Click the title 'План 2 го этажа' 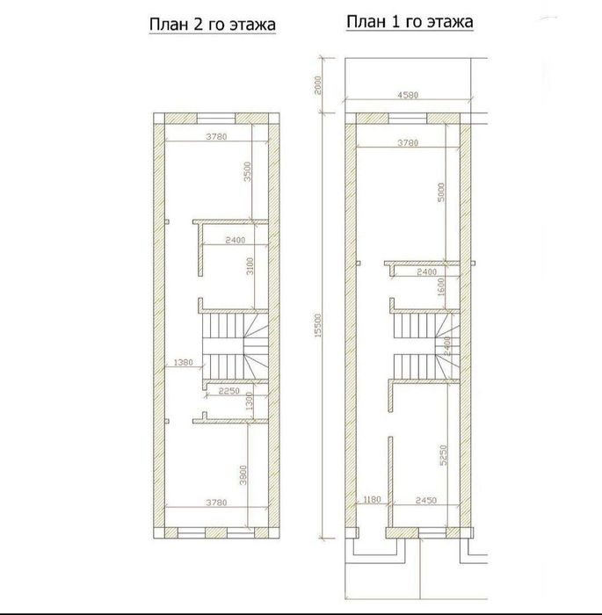pyautogui.click(x=213, y=25)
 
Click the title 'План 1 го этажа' pyautogui.click(x=410, y=22)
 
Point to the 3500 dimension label pyautogui.click(x=247, y=171)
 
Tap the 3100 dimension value pyautogui.click(x=250, y=266)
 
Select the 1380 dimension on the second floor pyautogui.click(x=183, y=362)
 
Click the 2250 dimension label pyautogui.click(x=229, y=391)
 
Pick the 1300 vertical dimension pyautogui.click(x=250, y=402)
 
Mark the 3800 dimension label pyautogui.click(x=243, y=475)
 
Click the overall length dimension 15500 pyautogui.click(x=318, y=325)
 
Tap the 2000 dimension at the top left pyautogui.click(x=318, y=84)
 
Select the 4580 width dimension pyautogui.click(x=408, y=95)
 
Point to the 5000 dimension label pyautogui.click(x=441, y=192)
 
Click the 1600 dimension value pyautogui.click(x=440, y=286)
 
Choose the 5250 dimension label pyautogui.click(x=444, y=455)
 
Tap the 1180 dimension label pyautogui.click(x=373, y=500)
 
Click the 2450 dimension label pyautogui.click(x=426, y=501)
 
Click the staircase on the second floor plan pyautogui.click(x=236, y=346)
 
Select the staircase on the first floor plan pyautogui.click(x=426, y=346)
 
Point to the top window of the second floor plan pyautogui.click(x=216, y=118)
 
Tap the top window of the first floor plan pyautogui.click(x=408, y=118)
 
